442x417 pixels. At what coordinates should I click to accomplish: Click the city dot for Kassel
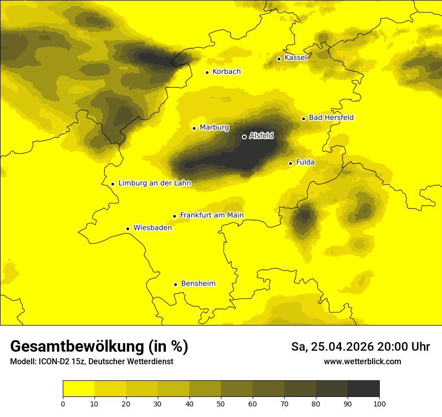coord(279,59)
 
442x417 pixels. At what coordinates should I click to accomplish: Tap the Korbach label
coord(227,72)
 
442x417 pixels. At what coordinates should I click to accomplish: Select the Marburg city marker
coord(194,128)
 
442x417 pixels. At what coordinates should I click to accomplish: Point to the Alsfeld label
coord(261,136)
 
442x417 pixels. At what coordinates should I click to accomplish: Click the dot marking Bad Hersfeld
coord(303,119)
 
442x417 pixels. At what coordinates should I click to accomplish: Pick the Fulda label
coord(305,162)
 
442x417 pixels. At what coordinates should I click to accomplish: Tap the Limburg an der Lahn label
coord(155,183)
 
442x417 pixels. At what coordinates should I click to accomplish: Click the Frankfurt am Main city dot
coord(174,216)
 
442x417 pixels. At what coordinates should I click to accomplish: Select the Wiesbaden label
coord(153,228)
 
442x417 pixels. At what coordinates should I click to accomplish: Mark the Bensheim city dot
coord(175,284)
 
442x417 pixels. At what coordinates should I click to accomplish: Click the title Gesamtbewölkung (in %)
coord(99,347)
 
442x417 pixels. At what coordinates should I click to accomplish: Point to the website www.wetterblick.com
coord(362,361)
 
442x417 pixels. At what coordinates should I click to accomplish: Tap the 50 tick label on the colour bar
coord(221,403)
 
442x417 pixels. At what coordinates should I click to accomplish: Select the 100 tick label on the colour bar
coord(379,403)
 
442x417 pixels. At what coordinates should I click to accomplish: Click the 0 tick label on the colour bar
coord(63,403)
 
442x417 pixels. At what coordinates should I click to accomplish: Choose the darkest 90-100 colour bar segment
coord(363,388)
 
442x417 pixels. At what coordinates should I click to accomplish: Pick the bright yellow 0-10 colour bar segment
coord(78,388)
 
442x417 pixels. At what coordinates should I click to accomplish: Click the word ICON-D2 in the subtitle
coord(53,362)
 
